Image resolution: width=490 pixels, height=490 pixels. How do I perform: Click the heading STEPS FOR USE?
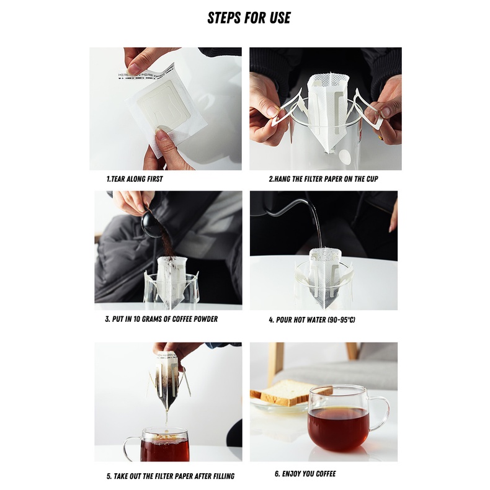[x=249, y=17]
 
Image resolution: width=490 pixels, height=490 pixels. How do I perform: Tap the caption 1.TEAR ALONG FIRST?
[x=135, y=179]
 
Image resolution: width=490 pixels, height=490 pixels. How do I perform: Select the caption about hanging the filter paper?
[x=323, y=179]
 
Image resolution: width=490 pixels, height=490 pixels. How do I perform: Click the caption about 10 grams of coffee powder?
[x=161, y=319]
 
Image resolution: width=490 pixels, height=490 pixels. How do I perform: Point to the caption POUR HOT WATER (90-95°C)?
[x=312, y=319]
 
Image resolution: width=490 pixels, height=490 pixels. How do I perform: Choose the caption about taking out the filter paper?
[x=171, y=476]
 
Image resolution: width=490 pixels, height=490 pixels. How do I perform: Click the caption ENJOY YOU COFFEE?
[x=305, y=474]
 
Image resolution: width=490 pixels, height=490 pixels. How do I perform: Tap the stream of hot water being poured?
[x=318, y=228]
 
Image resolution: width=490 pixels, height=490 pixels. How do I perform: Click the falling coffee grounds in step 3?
[x=167, y=244]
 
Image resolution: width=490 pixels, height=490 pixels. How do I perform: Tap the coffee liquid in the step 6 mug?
[x=338, y=429]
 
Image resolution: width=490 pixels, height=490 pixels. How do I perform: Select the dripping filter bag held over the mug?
[x=166, y=382]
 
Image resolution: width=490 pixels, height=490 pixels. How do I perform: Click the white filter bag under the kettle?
[x=325, y=277]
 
